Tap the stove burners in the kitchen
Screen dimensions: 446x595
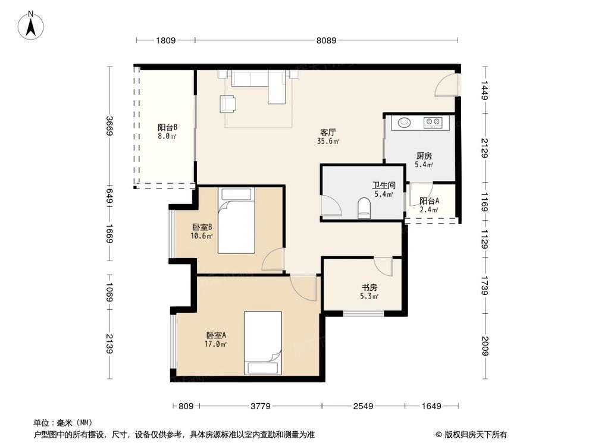click(433, 123)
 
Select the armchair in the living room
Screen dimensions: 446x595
click(228, 104)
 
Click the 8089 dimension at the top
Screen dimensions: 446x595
click(327, 40)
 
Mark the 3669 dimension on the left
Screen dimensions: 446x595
click(109, 126)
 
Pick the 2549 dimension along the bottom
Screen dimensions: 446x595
click(362, 406)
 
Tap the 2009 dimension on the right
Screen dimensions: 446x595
click(485, 346)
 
